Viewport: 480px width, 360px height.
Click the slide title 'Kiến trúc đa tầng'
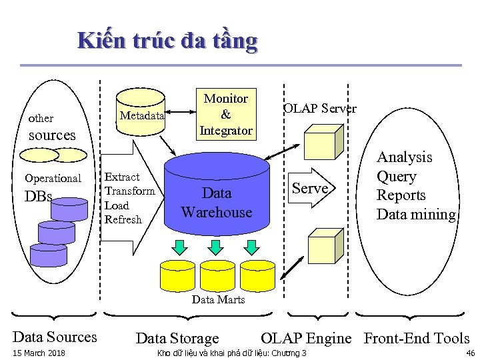pyautogui.click(x=167, y=41)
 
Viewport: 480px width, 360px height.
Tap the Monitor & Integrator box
pyautogui.click(x=225, y=115)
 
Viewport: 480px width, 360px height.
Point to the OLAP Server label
pyautogui.click(x=319, y=109)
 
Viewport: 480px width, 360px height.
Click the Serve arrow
pyautogui.click(x=313, y=189)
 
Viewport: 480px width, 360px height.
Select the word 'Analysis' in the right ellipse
pyautogui.click(x=404, y=157)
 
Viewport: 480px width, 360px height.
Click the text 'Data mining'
pyautogui.click(x=416, y=215)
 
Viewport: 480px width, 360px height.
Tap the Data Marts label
pyautogui.click(x=218, y=300)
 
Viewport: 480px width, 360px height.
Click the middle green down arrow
pyautogui.click(x=215, y=247)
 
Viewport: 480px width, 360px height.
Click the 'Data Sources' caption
pyautogui.click(x=55, y=337)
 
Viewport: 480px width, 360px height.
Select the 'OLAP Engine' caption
pyautogui.click(x=305, y=338)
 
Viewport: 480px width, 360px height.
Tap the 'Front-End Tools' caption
pyautogui.click(x=416, y=338)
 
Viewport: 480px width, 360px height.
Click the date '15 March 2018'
pyautogui.click(x=39, y=353)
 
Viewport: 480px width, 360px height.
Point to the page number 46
pyautogui.click(x=470, y=353)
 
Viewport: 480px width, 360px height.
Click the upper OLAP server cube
pyautogui.click(x=323, y=141)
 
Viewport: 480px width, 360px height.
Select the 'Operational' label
pyautogui.click(x=53, y=178)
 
